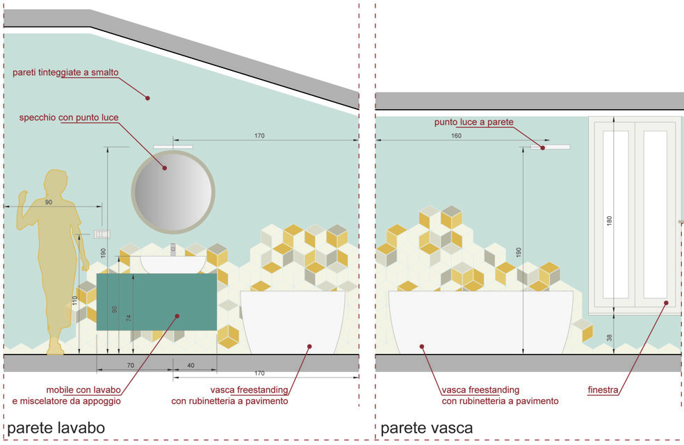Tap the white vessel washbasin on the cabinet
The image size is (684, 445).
pos(174,264)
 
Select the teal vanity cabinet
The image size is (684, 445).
pos(156,301)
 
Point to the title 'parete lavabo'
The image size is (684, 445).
pos(56,428)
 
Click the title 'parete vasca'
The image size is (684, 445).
pos(426,428)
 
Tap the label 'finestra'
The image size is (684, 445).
pos(603,391)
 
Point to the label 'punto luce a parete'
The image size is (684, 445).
pos(473,122)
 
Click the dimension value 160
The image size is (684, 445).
pos(456,136)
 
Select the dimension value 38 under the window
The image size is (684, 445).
pos(610,337)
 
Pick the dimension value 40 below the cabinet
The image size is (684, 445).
pos(190,365)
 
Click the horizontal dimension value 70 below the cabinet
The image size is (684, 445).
pos(130,365)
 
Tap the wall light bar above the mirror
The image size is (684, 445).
pos(172,146)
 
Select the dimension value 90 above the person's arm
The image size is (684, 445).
pos(48,202)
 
